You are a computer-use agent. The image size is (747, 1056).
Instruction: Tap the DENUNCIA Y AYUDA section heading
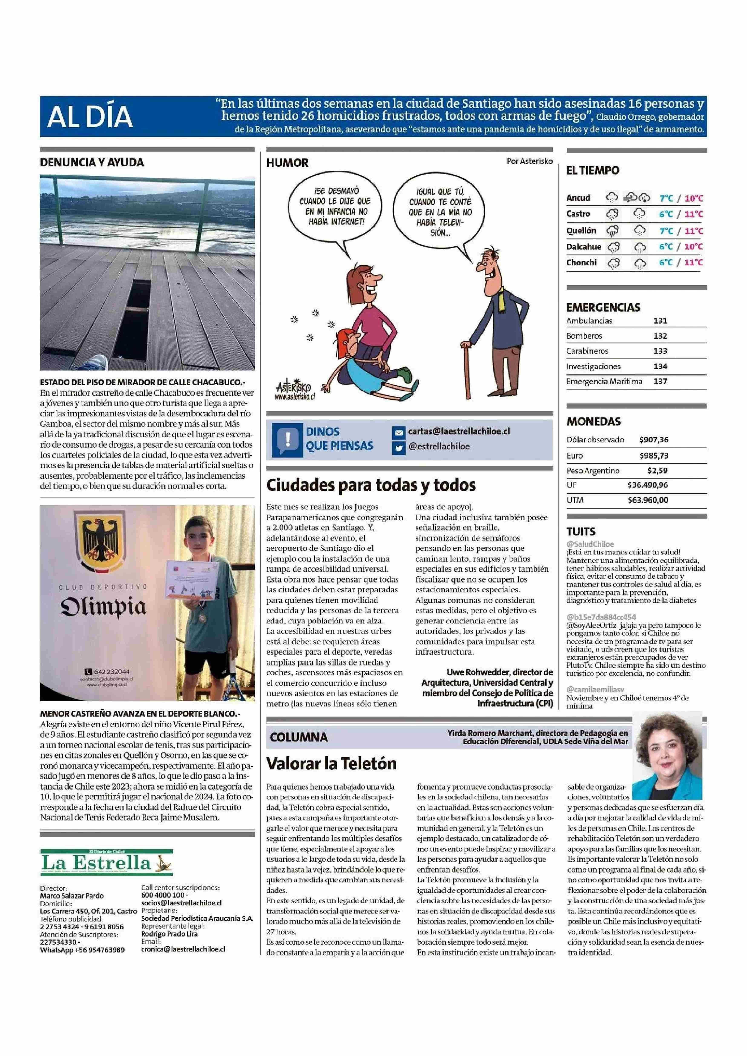[92, 163]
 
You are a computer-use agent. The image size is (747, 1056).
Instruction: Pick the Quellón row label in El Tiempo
[581, 230]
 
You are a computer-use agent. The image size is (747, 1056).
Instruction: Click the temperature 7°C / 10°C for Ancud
[681, 198]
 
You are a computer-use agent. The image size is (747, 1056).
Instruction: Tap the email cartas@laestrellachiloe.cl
[459, 432]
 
